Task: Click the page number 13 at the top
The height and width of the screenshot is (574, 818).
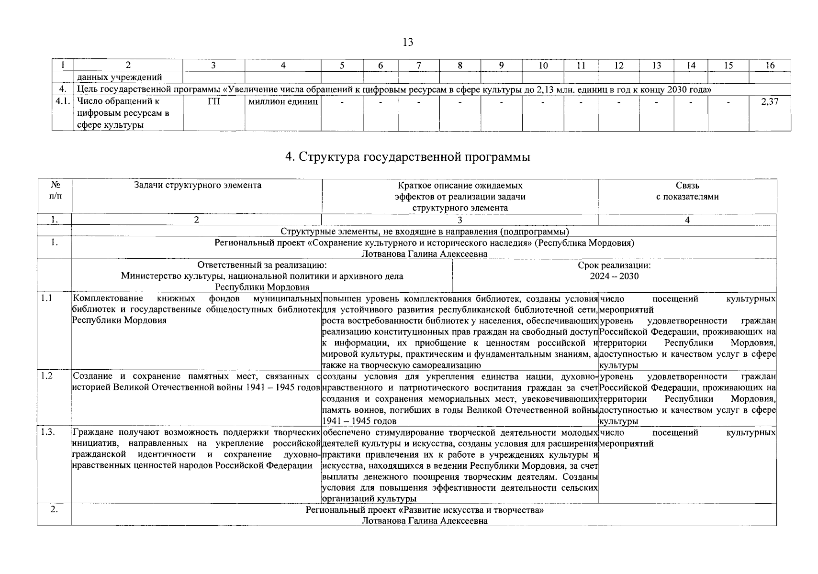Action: click(408, 42)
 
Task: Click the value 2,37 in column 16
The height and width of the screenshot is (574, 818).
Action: click(769, 101)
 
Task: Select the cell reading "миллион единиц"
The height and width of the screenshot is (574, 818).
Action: click(283, 101)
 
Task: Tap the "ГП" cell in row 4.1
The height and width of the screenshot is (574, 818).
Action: click(213, 101)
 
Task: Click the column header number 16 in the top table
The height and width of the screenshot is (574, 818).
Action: click(769, 66)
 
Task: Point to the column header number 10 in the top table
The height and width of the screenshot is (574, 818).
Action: click(543, 66)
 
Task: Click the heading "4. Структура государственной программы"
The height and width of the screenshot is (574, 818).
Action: click(407, 157)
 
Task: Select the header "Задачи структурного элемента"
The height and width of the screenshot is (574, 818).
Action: click(197, 185)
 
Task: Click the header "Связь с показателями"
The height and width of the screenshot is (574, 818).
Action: click(687, 191)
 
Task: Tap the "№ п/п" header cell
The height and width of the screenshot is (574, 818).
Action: click(55, 190)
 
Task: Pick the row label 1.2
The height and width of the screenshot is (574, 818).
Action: click(46, 376)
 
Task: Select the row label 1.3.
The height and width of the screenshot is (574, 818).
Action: click(47, 432)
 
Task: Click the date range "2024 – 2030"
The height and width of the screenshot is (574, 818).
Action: click(614, 276)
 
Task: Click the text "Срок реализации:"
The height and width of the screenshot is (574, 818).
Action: click(614, 265)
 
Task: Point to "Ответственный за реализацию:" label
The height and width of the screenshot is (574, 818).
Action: click(262, 265)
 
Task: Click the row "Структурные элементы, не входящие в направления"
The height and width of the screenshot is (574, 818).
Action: click(424, 232)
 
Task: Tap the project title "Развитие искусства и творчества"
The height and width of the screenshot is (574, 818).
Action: click(424, 510)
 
